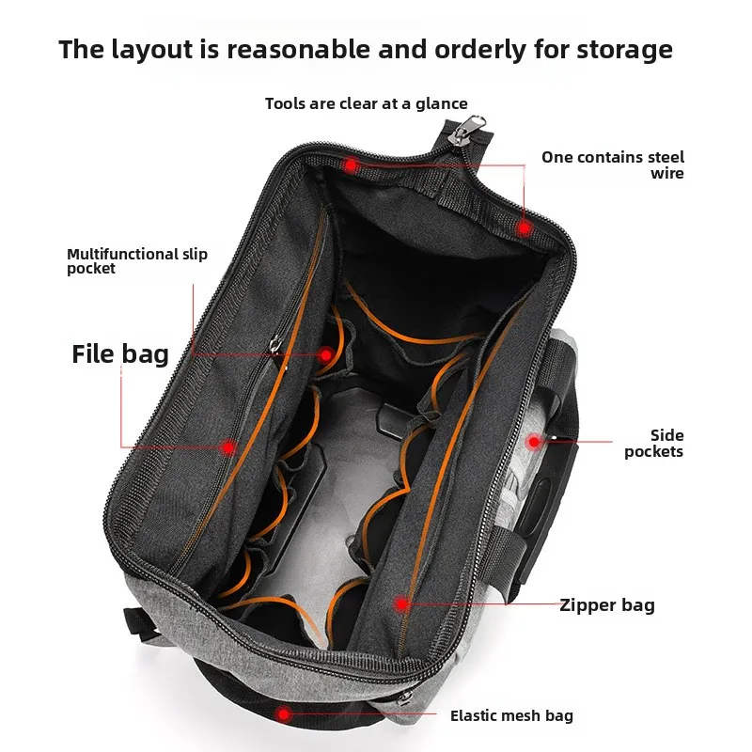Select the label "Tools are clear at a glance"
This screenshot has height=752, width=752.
[x=367, y=103]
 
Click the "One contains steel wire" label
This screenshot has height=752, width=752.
[x=613, y=164]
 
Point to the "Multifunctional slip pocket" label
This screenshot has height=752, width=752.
[x=137, y=261]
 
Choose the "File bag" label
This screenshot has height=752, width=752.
[x=120, y=355]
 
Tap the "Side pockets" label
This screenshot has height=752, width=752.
[x=653, y=443]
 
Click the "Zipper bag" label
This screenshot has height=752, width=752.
[x=607, y=605]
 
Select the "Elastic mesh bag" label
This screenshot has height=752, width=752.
[x=511, y=715]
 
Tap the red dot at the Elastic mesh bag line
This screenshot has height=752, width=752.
[x=284, y=714]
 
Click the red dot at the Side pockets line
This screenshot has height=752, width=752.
[x=533, y=442]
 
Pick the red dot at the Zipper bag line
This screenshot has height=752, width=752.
[x=401, y=604]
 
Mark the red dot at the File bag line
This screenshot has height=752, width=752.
[x=228, y=448]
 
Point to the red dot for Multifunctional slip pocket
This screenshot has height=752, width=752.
[x=326, y=355]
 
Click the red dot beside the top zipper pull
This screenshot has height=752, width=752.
[x=351, y=165]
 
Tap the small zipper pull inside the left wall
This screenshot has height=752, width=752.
[x=274, y=343]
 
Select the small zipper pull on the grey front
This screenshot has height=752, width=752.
[x=404, y=698]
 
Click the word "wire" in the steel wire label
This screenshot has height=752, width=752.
[x=667, y=173]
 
